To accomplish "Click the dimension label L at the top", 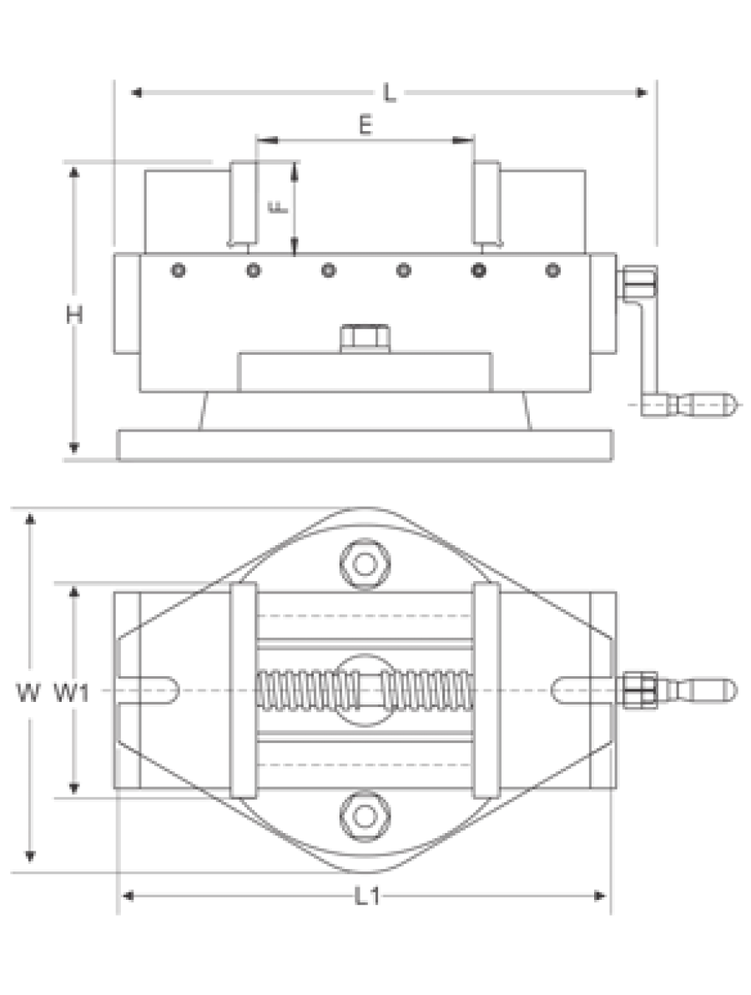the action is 390,93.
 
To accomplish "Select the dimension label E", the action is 365,126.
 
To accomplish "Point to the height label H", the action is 74,314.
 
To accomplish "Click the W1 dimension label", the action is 71,692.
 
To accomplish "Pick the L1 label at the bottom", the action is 366,897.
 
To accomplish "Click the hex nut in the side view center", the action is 365,337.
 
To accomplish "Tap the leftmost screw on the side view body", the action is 179,271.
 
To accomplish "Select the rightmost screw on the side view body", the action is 552,271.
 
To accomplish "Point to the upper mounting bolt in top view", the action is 364,563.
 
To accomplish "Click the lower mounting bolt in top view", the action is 364,816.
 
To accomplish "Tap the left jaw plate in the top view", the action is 244,689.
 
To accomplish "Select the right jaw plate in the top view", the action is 486,689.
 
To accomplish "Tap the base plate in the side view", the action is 365,446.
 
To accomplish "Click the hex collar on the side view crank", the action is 639,283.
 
